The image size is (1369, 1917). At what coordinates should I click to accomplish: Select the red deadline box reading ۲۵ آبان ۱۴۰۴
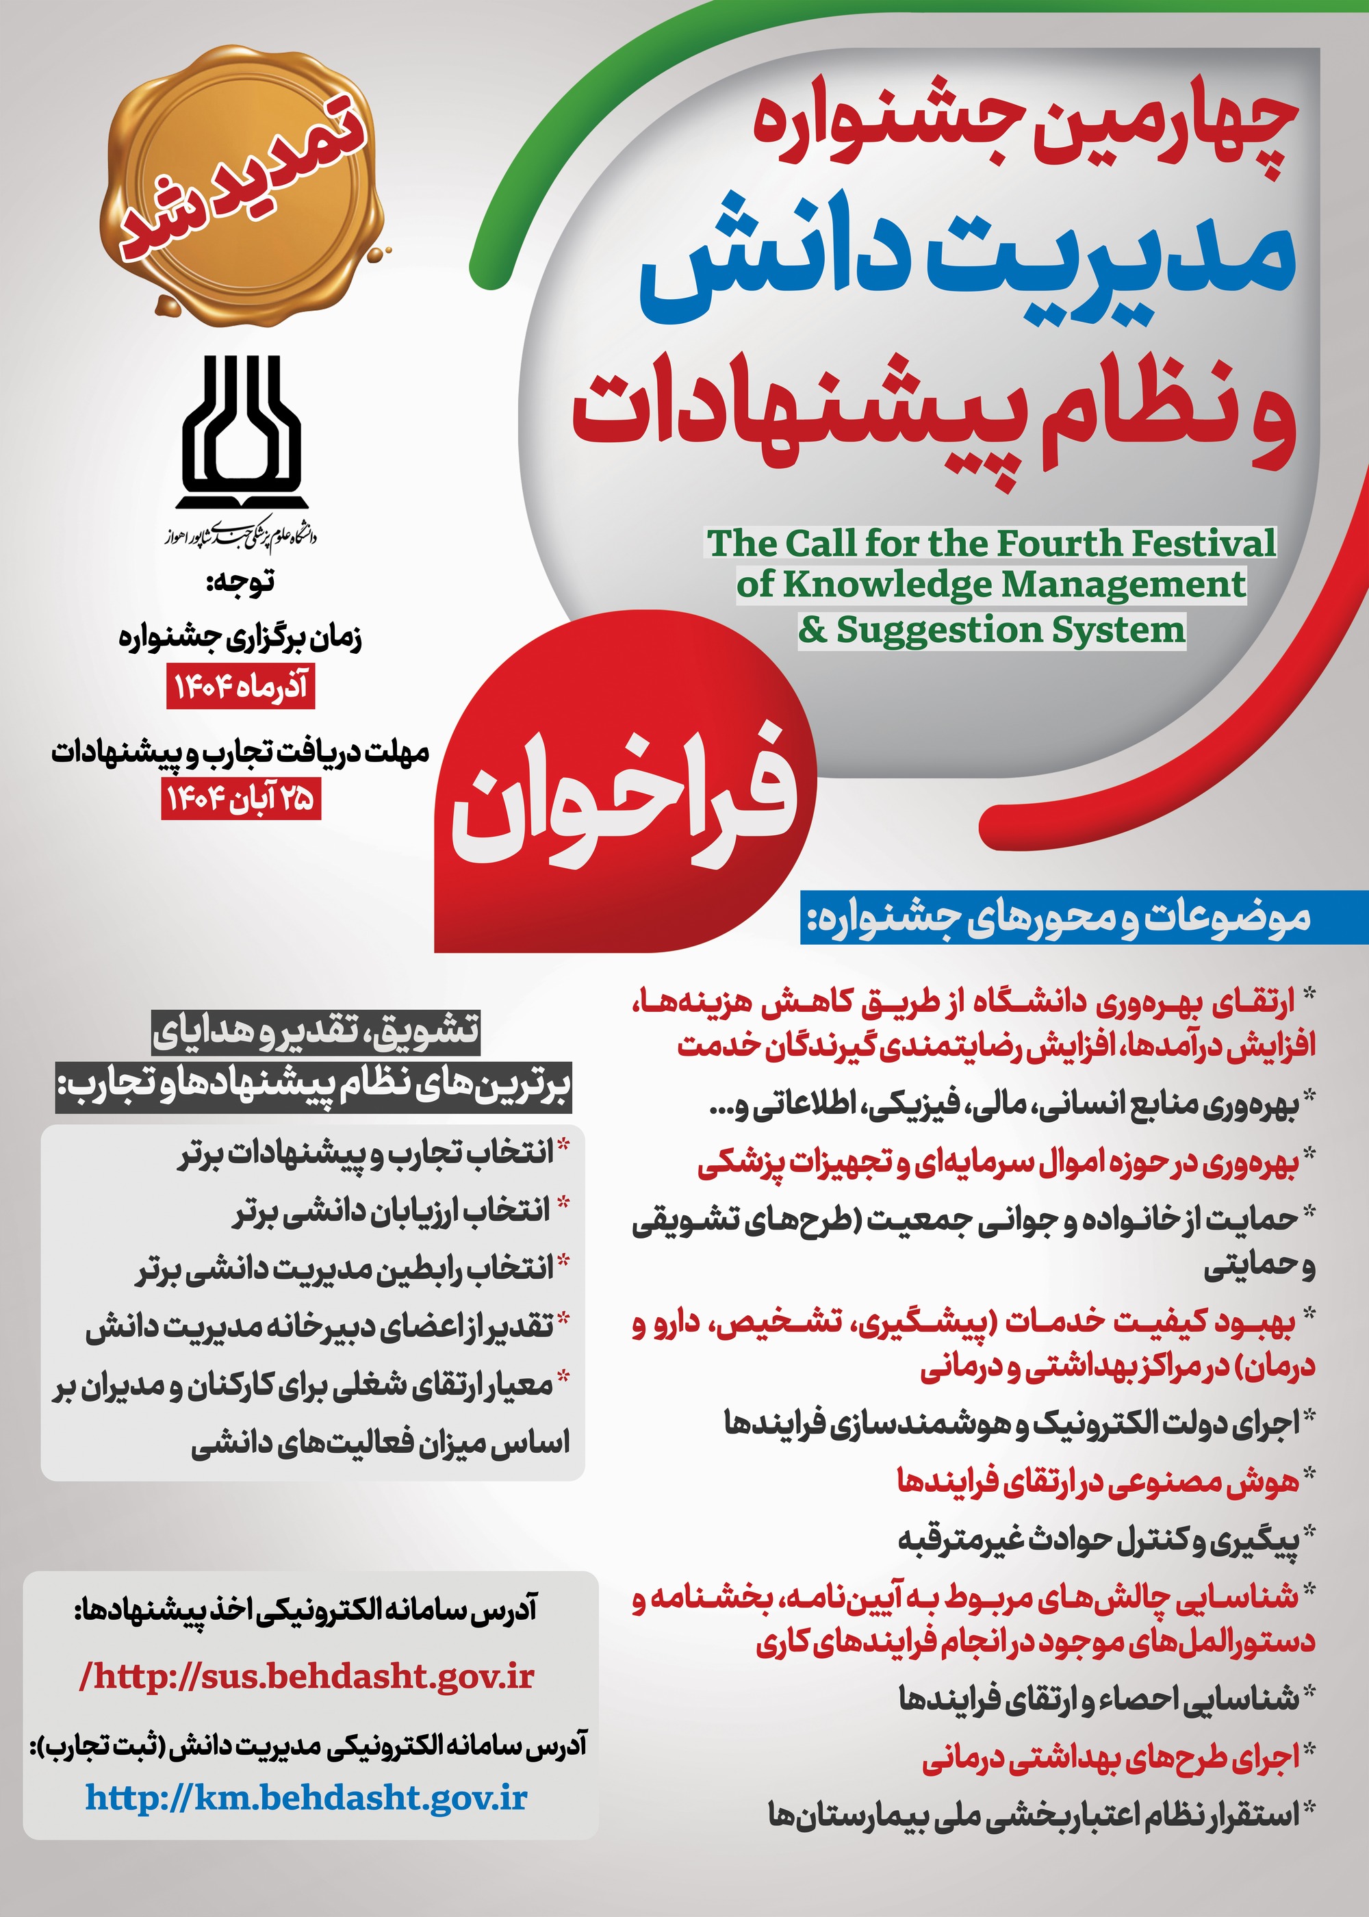(x=241, y=799)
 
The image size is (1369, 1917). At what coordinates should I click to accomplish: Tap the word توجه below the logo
(x=241, y=583)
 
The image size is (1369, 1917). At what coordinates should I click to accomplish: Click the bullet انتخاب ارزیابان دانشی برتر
(x=392, y=1211)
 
